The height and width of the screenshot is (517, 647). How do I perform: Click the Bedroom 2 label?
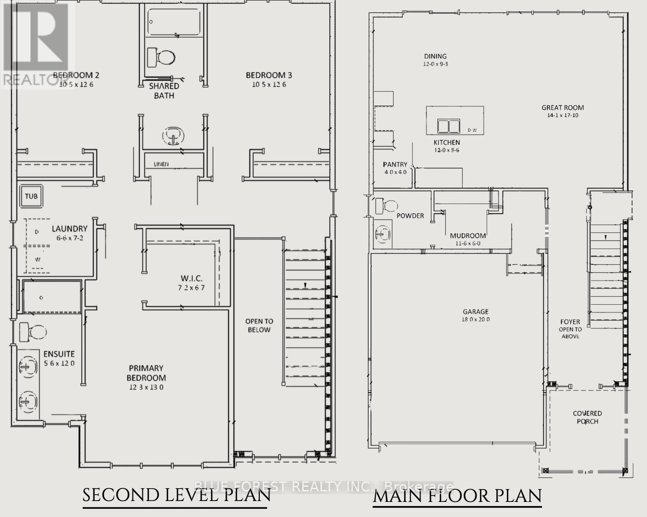pyautogui.click(x=76, y=75)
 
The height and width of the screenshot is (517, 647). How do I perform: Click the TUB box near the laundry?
pyautogui.click(x=31, y=196)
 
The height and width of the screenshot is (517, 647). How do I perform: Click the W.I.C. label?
pyautogui.click(x=191, y=278)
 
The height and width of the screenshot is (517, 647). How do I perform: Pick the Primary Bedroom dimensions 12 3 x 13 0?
pyautogui.click(x=146, y=387)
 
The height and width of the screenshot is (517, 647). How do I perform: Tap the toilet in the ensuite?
pyautogui.click(x=32, y=332)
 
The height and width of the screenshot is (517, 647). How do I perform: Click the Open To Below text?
pyautogui.click(x=259, y=326)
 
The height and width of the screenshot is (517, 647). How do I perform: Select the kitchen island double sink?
pyautogui.click(x=448, y=126)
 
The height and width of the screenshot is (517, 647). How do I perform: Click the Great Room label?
pyautogui.click(x=563, y=108)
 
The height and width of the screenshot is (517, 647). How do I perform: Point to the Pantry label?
pyautogui.click(x=395, y=164)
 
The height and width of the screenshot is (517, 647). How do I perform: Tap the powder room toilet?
pyautogui.click(x=386, y=206)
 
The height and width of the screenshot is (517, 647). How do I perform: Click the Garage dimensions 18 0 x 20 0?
pyautogui.click(x=475, y=320)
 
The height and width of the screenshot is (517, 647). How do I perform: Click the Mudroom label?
pyautogui.click(x=468, y=236)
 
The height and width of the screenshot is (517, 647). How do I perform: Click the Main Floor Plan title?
pyautogui.click(x=457, y=496)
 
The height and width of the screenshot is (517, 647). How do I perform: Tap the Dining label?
pyautogui.click(x=435, y=56)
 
